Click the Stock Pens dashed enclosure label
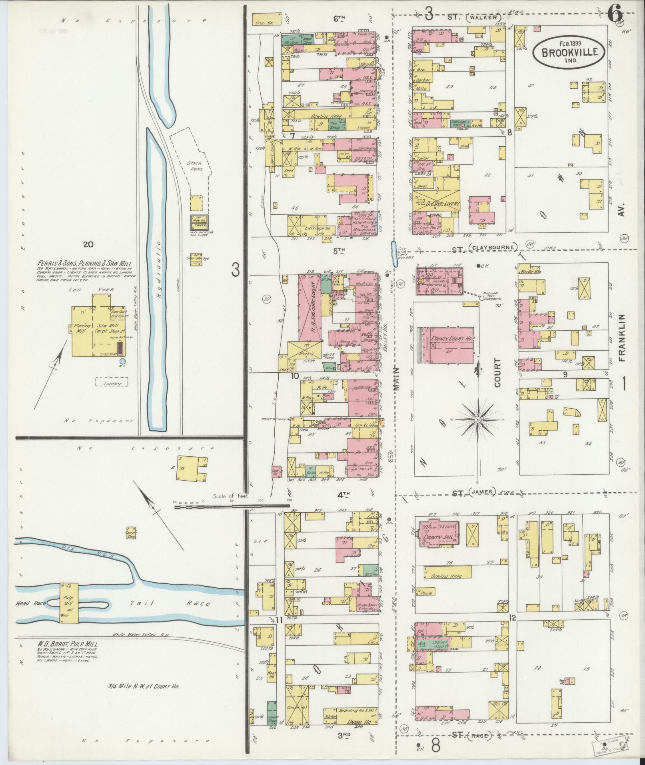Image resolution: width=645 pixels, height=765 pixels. pos(195,166)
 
